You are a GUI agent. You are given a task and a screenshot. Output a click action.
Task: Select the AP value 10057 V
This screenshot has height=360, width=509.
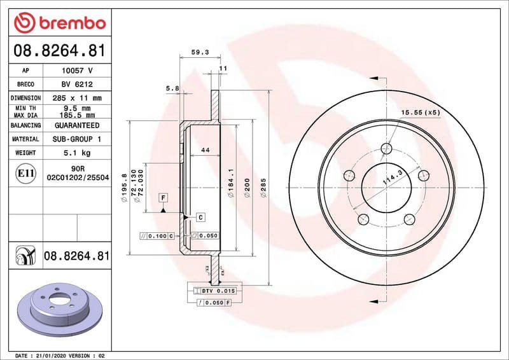(x=77, y=71)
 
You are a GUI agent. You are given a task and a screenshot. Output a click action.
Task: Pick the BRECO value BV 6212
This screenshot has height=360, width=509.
(x=77, y=85)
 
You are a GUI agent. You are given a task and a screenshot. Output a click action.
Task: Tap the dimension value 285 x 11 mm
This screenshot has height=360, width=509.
(x=77, y=98)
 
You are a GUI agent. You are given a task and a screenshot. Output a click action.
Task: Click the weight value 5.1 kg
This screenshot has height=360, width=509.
(x=77, y=153)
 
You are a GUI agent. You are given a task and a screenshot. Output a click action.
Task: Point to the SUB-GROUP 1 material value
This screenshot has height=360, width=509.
(x=77, y=139)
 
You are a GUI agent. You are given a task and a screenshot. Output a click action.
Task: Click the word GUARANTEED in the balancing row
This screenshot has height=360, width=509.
(x=77, y=125)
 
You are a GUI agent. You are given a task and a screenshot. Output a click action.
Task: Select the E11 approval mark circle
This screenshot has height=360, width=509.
(x=25, y=173)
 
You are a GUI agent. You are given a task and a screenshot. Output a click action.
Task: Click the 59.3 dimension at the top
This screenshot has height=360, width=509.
(x=200, y=53)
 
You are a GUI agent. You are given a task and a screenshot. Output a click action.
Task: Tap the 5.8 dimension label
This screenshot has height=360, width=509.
(x=172, y=88)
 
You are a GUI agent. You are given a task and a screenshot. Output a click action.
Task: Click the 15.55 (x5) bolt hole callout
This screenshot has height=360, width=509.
(x=421, y=113)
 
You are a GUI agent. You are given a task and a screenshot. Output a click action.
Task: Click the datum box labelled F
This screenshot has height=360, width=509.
(x=164, y=198)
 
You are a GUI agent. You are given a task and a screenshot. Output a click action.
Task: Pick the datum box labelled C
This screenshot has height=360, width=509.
(x=200, y=217)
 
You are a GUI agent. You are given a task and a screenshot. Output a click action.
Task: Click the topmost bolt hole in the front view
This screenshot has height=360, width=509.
(x=386, y=149)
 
